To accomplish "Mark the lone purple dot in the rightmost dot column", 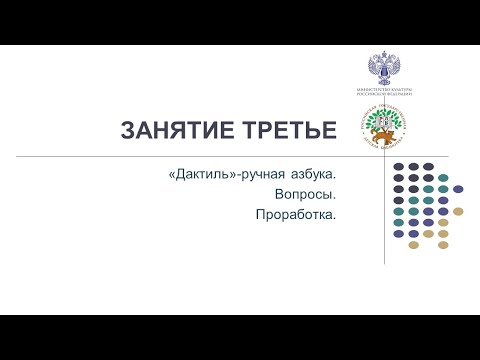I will click(x=458, y=188).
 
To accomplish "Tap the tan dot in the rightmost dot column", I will click(x=458, y=211).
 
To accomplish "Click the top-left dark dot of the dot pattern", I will click(x=399, y=166).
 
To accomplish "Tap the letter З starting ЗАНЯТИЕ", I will click(x=128, y=130).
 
